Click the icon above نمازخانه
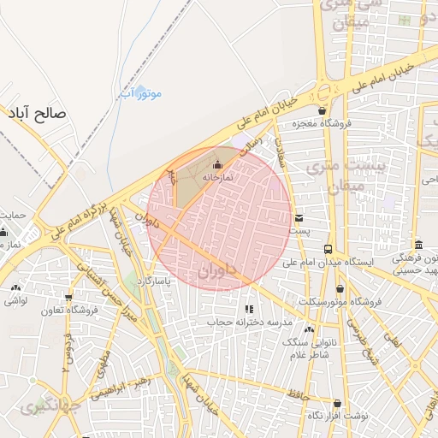pyautogui.click(x=216, y=164)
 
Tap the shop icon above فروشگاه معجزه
pyautogui.click(x=321, y=110)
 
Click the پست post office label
pyautogui.click(x=299, y=231)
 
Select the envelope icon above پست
pyautogui.click(x=299, y=218)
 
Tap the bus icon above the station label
pyautogui.click(x=328, y=248)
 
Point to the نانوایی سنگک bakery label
pyautogui.click(x=309, y=342)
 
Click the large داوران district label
pyautogui.click(x=216, y=272)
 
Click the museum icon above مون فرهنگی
pyautogui.click(x=417, y=245)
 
